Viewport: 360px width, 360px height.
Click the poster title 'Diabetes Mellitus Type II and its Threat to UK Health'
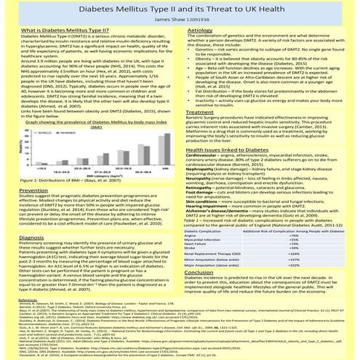coord(180,9)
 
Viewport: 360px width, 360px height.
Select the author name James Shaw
coord(180,19)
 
